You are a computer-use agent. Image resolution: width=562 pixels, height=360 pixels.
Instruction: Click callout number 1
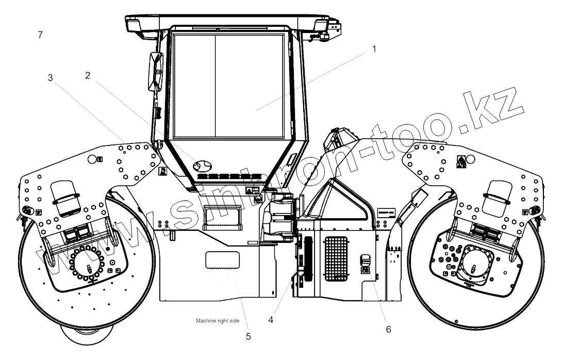tap(374, 50)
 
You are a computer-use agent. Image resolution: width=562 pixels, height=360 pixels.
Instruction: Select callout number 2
tap(88, 75)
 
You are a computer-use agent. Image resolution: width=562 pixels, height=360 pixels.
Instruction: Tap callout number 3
tap(50, 78)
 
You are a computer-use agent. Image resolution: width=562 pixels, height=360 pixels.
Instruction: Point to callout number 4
tap(270, 319)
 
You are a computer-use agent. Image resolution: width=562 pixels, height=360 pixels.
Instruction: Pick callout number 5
tap(248, 336)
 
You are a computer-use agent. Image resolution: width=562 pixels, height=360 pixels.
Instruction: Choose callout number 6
tap(389, 328)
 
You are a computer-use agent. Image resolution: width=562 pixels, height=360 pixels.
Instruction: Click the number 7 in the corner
tap(40, 35)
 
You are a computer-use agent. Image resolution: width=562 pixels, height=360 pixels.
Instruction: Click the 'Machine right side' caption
tap(218, 321)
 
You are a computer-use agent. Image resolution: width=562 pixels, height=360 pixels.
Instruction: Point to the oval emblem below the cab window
tap(202, 166)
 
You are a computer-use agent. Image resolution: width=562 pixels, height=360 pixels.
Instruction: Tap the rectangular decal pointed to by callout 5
tap(222, 260)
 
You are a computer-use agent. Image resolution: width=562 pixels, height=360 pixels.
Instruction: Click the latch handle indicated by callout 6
tap(365, 261)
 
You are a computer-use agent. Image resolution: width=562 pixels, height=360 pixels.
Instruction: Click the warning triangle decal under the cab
tap(250, 191)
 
